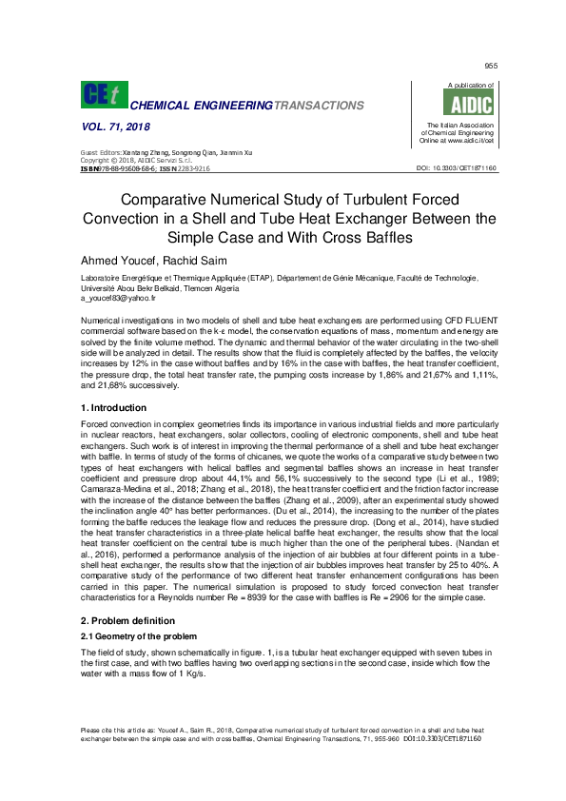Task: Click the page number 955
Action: pos(491,65)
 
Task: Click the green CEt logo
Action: pos(102,94)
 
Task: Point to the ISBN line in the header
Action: pos(145,168)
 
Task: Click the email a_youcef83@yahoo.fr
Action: pos(118,298)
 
